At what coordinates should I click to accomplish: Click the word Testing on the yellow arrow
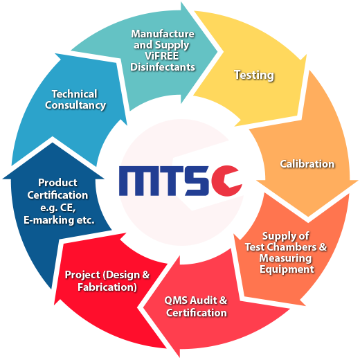(254, 75)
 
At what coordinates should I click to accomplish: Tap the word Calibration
(307, 164)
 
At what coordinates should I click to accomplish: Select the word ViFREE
(161, 56)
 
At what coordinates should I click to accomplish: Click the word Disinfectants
(163, 67)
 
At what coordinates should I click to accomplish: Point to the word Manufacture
(163, 34)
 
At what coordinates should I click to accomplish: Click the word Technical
(74, 94)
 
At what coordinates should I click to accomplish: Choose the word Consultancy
(75, 105)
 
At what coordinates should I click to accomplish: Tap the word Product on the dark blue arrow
(57, 183)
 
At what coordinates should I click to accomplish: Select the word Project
(82, 275)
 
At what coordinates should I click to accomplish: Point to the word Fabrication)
(107, 287)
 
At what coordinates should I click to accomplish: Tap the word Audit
(204, 300)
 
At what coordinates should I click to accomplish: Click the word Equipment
(287, 269)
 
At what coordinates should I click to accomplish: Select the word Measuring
(285, 258)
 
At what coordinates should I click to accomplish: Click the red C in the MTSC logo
(225, 181)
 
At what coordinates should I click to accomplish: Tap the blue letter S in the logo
(197, 181)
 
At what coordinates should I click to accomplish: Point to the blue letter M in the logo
(138, 181)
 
